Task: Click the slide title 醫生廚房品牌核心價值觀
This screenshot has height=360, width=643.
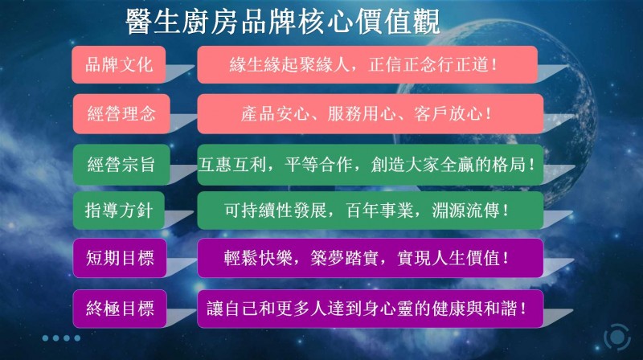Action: click(283, 22)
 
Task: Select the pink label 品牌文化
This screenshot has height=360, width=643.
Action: click(119, 65)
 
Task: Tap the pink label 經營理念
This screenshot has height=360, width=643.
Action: click(121, 113)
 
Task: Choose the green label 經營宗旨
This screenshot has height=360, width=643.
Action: click(121, 165)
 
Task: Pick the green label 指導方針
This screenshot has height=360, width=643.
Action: click(119, 211)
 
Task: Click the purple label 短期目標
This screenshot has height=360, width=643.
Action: click(120, 258)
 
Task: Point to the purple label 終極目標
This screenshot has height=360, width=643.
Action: click(120, 309)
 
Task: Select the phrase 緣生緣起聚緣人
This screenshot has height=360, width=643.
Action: click(289, 65)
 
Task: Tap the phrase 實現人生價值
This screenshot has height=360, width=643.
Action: click(448, 258)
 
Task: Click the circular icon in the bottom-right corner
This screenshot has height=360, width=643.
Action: click(616, 337)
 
